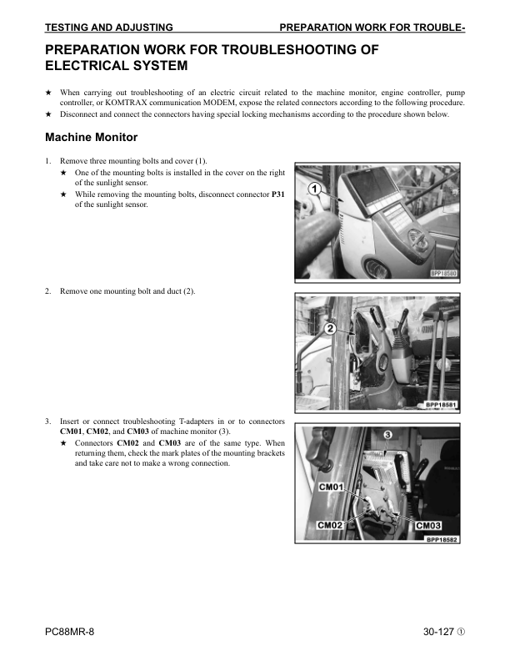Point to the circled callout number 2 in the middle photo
tap(331, 329)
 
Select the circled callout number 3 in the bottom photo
tap(388, 435)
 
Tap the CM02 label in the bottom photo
tap(331, 525)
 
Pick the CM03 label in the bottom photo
tap(427, 525)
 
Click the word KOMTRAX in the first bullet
tap(122, 102)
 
